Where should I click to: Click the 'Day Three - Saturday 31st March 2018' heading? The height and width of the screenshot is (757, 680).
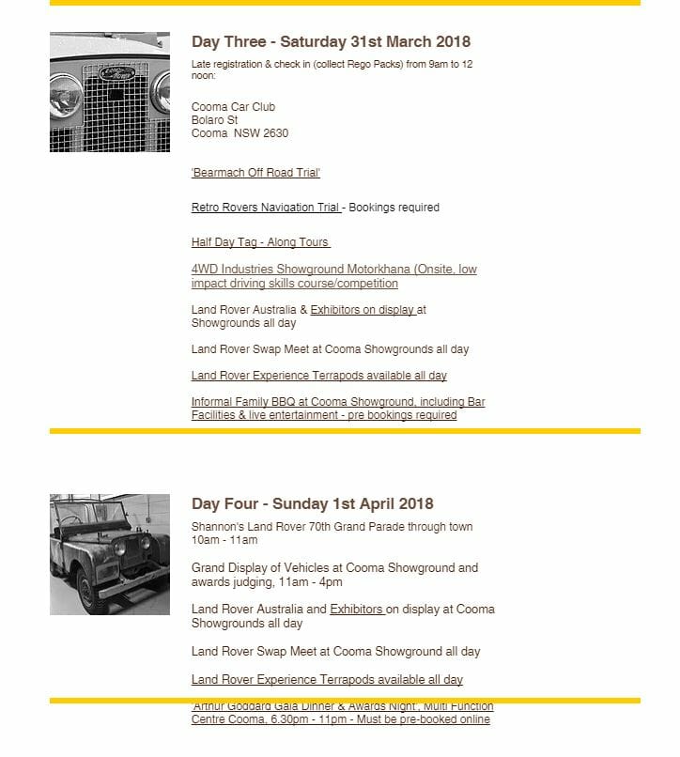tap(331, 42)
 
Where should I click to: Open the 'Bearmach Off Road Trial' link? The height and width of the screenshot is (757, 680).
tap(255, 173)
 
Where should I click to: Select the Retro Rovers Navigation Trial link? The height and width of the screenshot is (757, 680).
tap(266, 208)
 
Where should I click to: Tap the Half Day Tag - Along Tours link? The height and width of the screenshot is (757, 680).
tap(260, 242)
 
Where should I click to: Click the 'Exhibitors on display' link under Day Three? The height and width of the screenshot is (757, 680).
tap(363, 309)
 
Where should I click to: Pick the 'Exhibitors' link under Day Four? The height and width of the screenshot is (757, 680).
tap(356, 610)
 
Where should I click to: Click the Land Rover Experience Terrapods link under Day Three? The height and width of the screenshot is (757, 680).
tap(318, 376)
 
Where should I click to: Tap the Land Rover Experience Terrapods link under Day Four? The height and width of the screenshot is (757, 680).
tap(327, 679)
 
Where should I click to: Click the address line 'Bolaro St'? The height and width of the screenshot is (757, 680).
tap(214, 120)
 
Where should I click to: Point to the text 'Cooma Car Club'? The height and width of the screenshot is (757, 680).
tap(233, 107)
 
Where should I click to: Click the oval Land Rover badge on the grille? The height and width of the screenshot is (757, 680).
tap(118, 72)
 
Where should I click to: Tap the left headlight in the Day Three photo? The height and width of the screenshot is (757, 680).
tap(67, 93)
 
